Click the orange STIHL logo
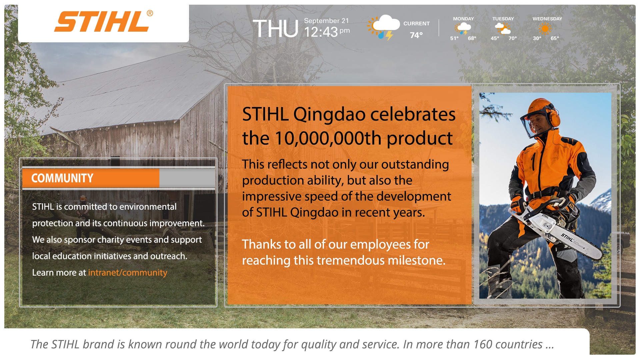103,21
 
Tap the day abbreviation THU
275,29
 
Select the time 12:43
321,32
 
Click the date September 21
326,21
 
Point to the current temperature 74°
416,35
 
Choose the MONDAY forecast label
463,19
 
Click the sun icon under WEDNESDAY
545,29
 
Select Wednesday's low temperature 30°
537,38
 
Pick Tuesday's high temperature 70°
513,38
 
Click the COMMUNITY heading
62,178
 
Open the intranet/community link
128,273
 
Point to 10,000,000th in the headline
328,138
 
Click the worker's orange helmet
539,110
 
